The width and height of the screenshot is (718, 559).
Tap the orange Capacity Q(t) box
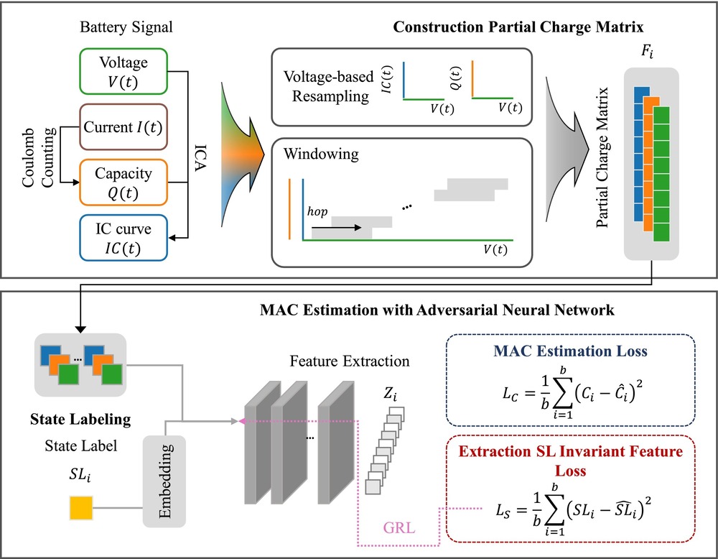tap(125, 182)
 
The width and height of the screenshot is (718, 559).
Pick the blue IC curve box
tap(125, 236)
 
